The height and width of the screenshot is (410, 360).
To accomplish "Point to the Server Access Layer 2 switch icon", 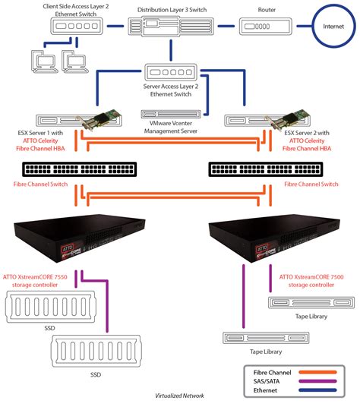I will click(x=170, y=74).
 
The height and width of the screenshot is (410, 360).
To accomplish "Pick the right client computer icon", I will click(x=72, y=60).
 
